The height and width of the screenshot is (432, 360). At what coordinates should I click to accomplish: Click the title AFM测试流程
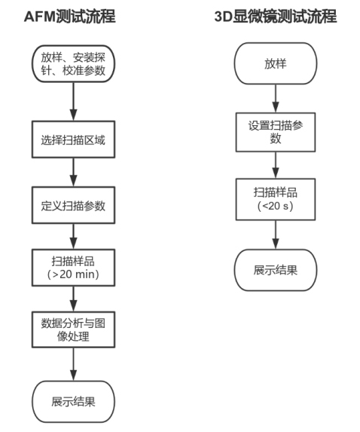pyautogui.click(x=70, y=17)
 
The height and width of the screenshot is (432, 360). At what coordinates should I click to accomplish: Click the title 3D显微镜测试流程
pyautogui.click(x=276, y=16)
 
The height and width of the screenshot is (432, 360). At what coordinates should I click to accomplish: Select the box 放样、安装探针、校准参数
pyautogui.click(x=73, y=64)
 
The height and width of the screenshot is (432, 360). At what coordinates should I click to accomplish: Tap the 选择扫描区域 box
pyautogui.click(x=73, y=139)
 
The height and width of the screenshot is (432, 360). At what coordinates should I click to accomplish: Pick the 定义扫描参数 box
pyautogui.click(x=73, y=205)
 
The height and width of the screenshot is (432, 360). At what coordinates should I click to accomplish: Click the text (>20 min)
pyautogui.click(x=73, y=274)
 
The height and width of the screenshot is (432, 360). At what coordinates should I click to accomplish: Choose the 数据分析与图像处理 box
pyautogui.click(x=73, y=329)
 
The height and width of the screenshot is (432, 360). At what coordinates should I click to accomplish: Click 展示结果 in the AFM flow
pyautogui.click(x=73, y=402)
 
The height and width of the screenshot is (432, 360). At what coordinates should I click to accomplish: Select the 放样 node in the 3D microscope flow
pyautogui.click(x=276, y=63)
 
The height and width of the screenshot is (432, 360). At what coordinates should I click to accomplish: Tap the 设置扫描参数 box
pyautogui.click(x=276, y=132)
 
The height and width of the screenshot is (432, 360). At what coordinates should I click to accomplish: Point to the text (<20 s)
pyautogui.click(x=276, y=206)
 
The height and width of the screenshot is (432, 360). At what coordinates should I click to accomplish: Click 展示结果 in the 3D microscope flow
pyautogui.click(x=276, y=270)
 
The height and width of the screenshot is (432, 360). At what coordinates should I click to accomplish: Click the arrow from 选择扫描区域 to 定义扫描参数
pyautogui.click(x=73, y=173)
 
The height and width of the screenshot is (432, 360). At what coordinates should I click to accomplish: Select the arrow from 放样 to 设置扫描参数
pyautogui.click(x=276, y=99)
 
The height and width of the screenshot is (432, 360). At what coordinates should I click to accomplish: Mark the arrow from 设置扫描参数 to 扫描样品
pyautogui.click(x=276, y=165)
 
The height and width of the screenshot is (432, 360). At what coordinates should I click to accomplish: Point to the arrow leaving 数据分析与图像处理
pyautogui.click(x=73, y=364)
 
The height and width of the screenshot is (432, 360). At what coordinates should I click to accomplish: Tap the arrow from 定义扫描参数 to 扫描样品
pyautogui.click(x=73, y=237)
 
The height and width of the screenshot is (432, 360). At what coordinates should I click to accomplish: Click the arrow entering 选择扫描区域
pyautogui.click(x=73, y=102)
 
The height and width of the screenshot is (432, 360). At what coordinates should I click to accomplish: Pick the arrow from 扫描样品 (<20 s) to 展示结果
pyautogui.click(x=276, y=234)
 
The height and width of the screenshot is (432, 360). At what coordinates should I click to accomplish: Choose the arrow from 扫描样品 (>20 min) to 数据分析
pyautogui.click(x=73, y=299)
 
